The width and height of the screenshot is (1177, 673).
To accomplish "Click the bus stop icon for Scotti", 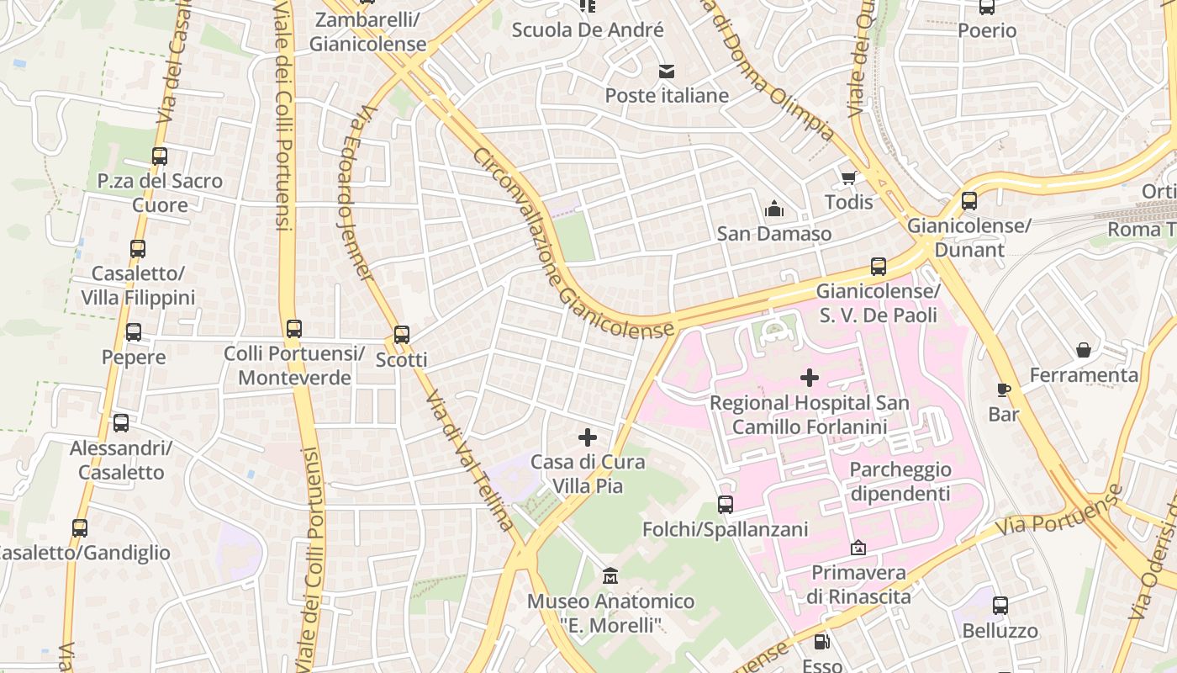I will coord(402,334).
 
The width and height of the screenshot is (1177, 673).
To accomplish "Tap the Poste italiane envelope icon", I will coord(667,71).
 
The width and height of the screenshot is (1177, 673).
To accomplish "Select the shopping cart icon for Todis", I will coord(849,178).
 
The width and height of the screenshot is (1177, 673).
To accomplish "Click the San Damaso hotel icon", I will coord(773,209).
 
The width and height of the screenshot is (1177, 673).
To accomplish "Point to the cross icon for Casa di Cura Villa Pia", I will coord(588,437).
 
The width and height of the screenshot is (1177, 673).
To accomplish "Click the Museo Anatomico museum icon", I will coord(610,577).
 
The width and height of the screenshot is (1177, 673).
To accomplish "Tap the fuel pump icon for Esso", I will coord(822,643).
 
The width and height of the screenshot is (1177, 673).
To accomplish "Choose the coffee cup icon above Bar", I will coord(1003,389).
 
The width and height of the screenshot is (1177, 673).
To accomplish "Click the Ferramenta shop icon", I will coord(1084,350).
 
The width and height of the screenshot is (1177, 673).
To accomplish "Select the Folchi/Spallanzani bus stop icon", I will coord(725,505).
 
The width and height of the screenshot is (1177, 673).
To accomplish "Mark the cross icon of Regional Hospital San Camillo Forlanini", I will coord(809,378).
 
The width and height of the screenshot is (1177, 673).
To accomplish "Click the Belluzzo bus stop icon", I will coord(1000,606).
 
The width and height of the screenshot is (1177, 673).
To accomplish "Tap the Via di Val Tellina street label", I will coord(469,461).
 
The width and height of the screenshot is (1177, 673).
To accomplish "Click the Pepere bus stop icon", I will coord(134,332).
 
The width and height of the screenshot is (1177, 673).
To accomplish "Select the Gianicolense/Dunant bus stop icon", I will coord(969,201).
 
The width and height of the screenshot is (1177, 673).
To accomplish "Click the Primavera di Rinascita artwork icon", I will coord(858,548).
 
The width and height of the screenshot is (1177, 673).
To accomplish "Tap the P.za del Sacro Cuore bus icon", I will coord(160,156).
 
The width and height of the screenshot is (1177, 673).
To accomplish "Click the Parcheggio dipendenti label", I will coord(900,481).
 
